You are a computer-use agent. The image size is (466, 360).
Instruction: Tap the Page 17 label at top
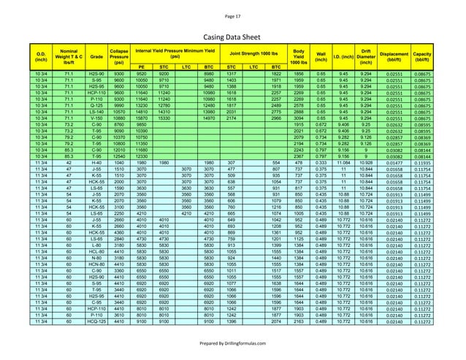pos(232,13)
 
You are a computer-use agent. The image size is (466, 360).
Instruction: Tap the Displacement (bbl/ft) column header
pos(394,54)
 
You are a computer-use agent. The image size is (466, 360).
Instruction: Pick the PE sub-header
pos(142,66)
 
